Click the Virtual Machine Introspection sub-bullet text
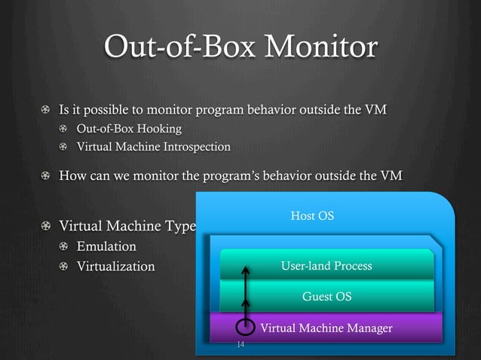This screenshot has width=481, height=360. click(154, 146)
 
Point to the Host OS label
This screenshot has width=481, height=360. click(312, 216)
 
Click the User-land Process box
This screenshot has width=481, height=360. click(326, 266)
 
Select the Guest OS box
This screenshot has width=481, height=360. click(326, 296)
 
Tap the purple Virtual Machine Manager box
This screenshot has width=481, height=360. click(326, 328)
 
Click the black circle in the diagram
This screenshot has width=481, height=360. click(245, 328)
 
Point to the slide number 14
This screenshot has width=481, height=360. click(240, 344)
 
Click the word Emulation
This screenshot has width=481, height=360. click(106, 246)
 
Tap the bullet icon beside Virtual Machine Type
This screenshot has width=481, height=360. click(47, 227)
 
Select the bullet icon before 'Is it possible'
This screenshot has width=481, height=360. click(47, 111)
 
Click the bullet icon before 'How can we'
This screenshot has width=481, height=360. click(47, 177)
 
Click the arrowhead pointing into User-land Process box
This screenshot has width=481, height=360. click(245, 269)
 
